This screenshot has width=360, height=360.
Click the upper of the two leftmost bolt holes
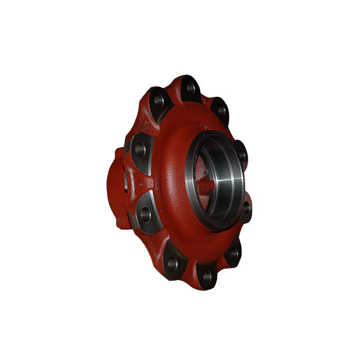click(x=139, y=150)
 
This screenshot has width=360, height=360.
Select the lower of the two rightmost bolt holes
click(x=246, y=208)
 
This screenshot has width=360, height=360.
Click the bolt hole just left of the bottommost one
click(x=172, y=262)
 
